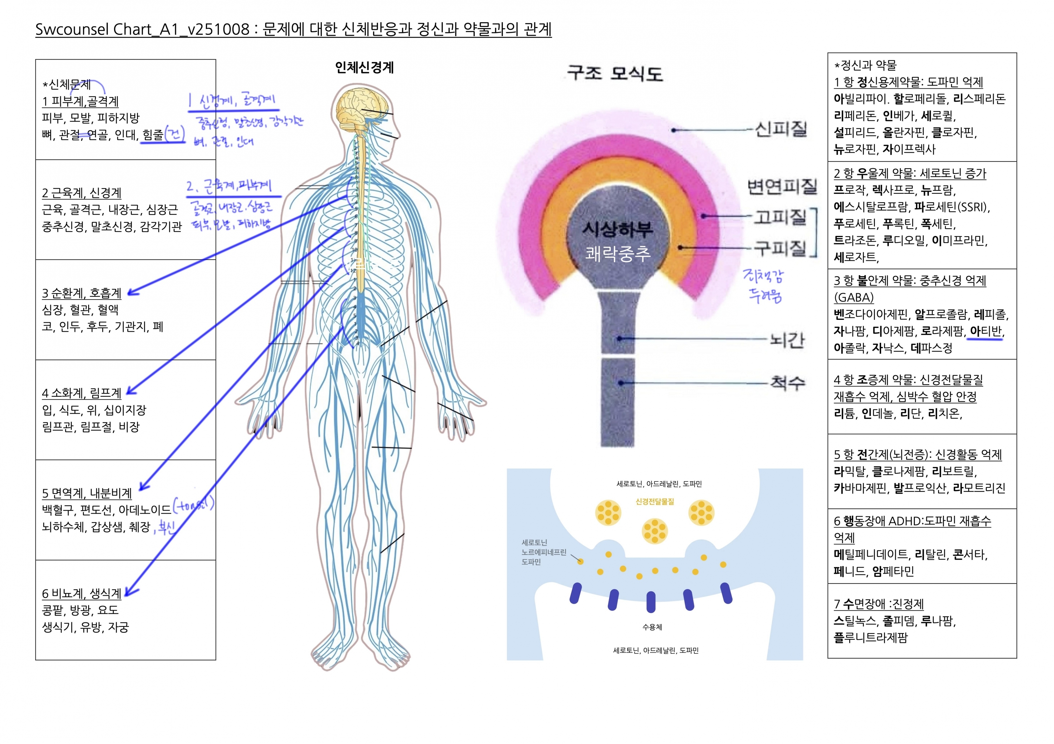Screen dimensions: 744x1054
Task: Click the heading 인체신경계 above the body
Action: [x=364, y=68]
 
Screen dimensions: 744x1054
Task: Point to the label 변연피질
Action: [x=782, y=186]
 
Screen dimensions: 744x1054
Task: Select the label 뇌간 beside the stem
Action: [x=787, y=340]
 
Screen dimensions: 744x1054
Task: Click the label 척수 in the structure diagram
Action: [x=787, y=383]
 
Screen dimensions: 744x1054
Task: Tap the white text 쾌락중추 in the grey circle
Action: [x=617, y=254]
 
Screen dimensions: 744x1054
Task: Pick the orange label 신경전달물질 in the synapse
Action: [x=655, y=501]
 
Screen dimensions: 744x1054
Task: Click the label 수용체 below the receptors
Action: [x=652, y=627]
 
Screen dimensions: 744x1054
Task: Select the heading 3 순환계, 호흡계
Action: [x=82, y=293]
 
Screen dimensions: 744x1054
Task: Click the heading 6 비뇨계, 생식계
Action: [x=82, y=593]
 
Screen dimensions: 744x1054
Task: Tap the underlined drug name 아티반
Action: [x=985, y=331]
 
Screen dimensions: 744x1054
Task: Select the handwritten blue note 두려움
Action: [x=765, y=296]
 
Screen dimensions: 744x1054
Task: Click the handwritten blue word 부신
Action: [x=166, y=527]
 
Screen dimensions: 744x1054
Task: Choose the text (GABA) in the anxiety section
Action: [x=853, y=298]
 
